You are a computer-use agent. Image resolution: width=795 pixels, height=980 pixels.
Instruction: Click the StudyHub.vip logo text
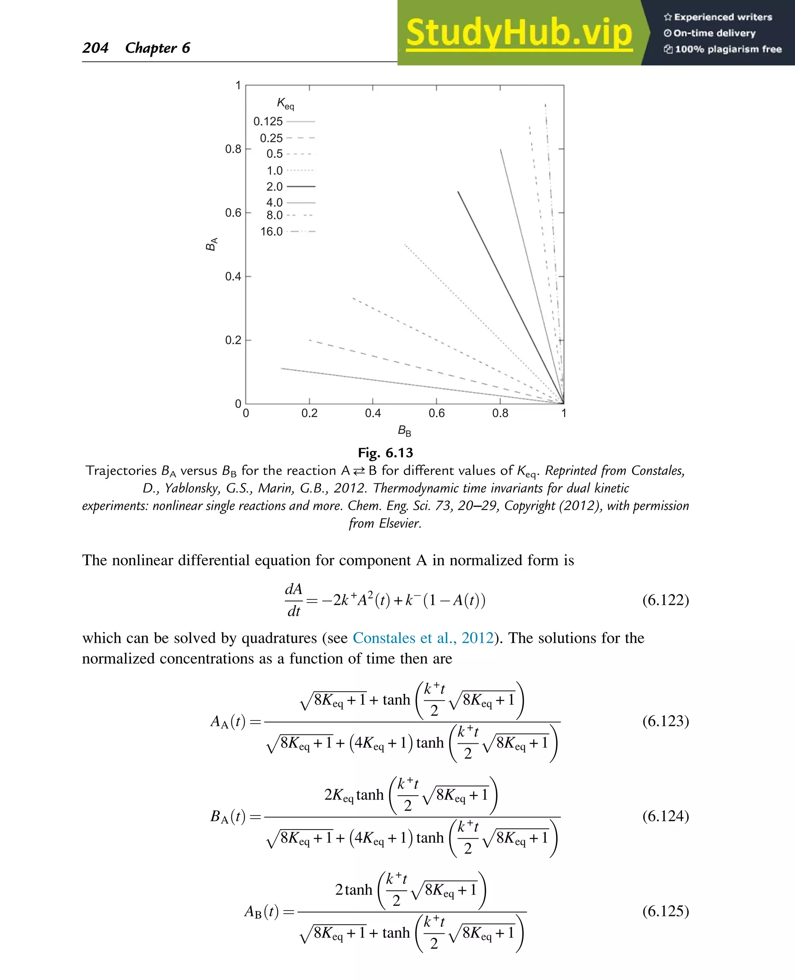point(519,33)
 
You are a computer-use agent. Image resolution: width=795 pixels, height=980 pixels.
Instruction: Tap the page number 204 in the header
point(95,48)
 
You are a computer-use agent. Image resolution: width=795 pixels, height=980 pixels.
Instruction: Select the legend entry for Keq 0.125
point(284,121)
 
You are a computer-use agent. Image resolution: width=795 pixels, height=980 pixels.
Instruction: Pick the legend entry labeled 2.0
point(290,187)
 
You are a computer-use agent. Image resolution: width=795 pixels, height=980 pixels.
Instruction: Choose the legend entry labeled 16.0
point(288,232)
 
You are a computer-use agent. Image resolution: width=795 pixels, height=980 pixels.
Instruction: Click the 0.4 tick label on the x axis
point(373,413)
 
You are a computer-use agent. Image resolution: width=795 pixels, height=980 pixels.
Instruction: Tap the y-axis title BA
point(211,244)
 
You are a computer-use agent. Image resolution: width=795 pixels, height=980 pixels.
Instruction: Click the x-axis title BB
point(404,431)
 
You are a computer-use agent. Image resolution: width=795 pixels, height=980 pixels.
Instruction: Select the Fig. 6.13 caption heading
point(385,453)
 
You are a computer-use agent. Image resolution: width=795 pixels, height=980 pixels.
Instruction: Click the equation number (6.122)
point(665,600)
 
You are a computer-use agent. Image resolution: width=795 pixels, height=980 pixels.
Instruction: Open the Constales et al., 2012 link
point(423,638)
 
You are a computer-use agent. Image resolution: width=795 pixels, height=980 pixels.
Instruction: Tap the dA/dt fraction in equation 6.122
point(293,600)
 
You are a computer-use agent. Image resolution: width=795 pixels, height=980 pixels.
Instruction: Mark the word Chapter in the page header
point(151,48)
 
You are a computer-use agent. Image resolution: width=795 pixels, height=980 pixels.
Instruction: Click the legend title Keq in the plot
point(285,104)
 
